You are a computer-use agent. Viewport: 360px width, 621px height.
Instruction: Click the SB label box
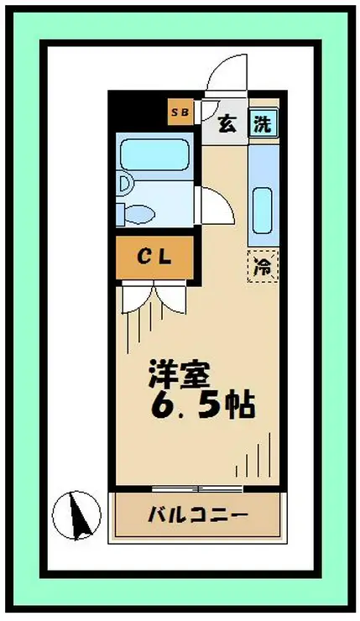tap(180, 112)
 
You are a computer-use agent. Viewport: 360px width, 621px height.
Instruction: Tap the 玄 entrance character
tap(227, 123)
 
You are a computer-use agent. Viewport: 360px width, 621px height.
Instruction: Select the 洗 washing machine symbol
tap(263, 123)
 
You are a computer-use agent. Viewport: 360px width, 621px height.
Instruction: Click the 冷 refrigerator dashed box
tap(263, 266)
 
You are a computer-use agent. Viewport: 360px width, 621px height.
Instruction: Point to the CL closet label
tap(154, 258)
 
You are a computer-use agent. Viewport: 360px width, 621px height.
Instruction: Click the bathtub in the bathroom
tap(155, 154)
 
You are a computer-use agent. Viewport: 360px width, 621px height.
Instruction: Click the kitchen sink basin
tap(262, 211)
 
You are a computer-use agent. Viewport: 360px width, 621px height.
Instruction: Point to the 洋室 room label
tap(179, 374)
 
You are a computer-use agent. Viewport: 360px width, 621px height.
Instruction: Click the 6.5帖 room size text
tap(202, 405)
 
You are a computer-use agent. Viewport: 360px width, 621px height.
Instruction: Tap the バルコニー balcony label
tap(198, 514)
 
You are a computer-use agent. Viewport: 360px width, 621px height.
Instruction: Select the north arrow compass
tap(77, 515)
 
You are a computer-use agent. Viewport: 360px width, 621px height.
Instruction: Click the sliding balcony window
tap(197, 488)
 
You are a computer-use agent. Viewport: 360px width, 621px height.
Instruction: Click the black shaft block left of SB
tap(138, 111)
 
